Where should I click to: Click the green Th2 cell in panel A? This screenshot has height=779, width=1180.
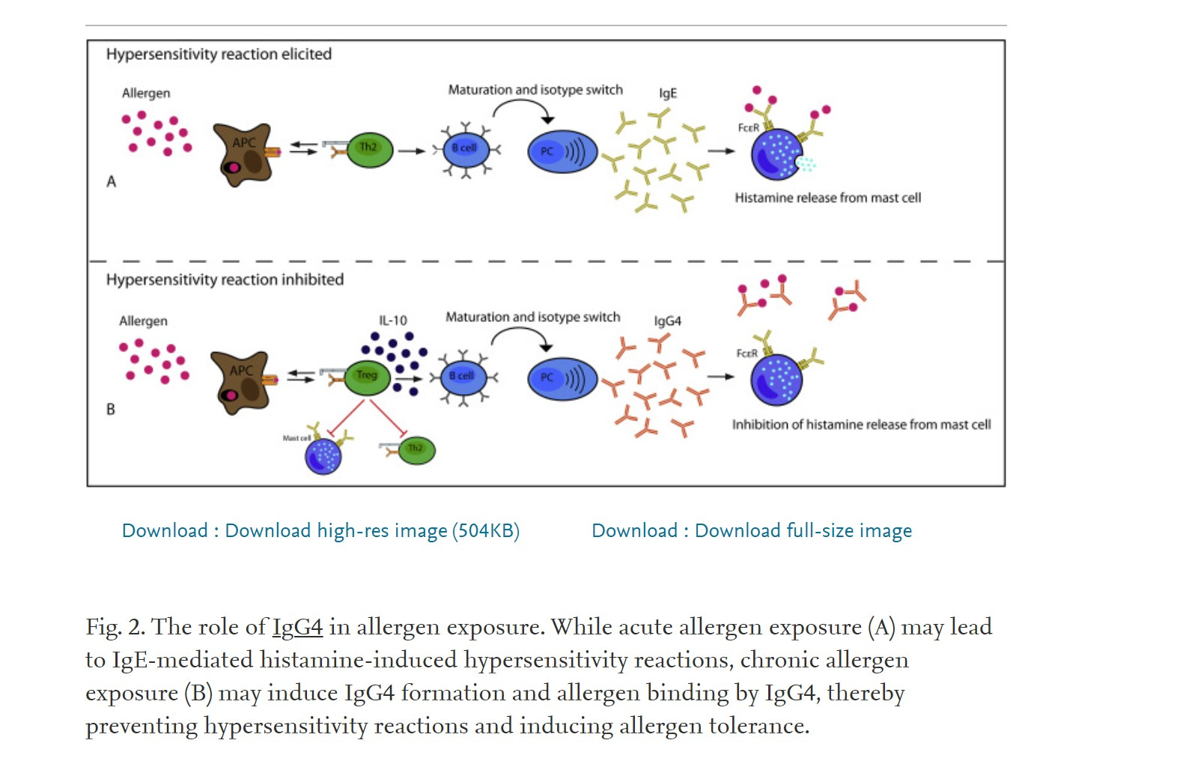(369, 148)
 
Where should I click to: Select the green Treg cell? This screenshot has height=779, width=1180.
(367, 376)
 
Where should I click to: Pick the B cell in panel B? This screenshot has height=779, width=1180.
(463, 376)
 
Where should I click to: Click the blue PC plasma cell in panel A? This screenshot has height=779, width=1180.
(562, 151)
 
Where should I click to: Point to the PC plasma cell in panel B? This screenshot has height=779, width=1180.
(562, 378)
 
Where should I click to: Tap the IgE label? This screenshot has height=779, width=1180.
(668, 93)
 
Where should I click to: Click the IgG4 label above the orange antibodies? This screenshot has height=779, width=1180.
(668, 321)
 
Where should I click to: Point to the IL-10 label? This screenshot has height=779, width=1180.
(393, 321)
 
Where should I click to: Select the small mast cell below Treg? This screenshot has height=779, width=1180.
(323, 455)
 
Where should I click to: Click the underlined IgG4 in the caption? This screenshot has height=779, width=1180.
(297, 626)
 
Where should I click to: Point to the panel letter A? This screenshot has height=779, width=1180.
(112, 181)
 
